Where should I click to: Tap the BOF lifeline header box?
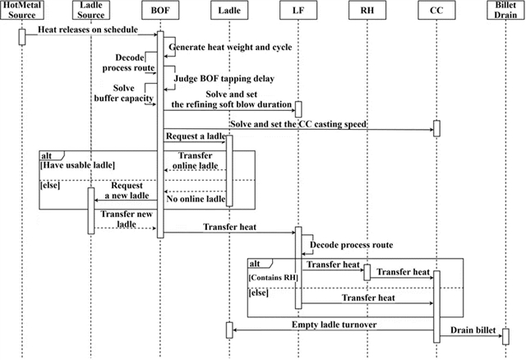(160, 12)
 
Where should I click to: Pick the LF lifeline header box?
(298, 12)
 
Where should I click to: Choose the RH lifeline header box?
(367, 12)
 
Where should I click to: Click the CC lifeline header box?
(436, 12)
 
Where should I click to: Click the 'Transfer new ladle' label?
(124, 219)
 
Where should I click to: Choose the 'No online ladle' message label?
(196, 198)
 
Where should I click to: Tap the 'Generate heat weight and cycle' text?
(223, 47)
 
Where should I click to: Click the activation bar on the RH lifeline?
(367, 271)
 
